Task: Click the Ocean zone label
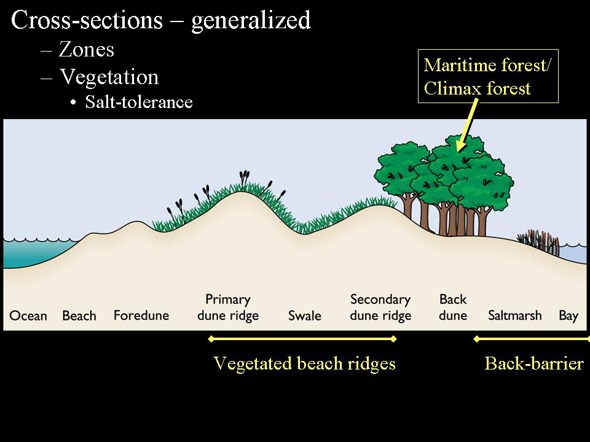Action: click(28, 316)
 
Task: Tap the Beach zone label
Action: click(79, 316)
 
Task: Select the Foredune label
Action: click(141, 316)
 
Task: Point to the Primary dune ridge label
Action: click(227, 308)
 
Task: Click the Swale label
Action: click(305, 316)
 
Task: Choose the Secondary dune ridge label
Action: click(380, 308)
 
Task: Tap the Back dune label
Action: click(453, 308)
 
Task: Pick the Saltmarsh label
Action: click(515, 316)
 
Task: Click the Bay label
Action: click(568, 316)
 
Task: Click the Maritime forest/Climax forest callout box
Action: click(489, 76)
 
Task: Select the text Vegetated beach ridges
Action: click(304, 363)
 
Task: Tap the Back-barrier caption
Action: click(533, 363)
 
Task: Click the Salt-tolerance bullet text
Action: click(139, 102)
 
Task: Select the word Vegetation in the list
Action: click(109, 77)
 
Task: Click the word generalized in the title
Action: click(251, 21)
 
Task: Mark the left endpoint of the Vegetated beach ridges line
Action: click(211, 338)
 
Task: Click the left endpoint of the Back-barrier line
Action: click(476, 338)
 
